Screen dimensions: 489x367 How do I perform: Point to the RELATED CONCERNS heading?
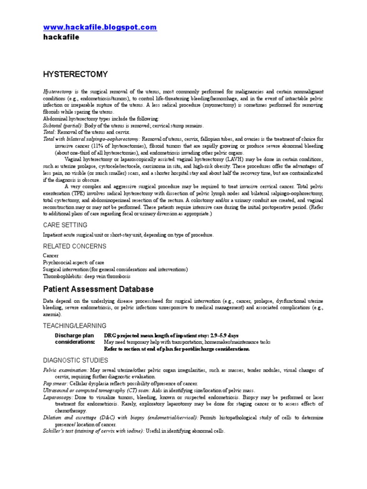click(75, 246)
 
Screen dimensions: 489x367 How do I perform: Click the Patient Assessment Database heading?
click(98, 289)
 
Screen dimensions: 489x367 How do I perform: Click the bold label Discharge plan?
click(75, 335)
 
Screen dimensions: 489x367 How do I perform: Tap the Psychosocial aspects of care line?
click(73, 263)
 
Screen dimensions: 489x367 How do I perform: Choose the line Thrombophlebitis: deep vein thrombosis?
click(86, 276)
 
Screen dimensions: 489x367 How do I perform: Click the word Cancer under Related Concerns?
click(51, 256)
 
